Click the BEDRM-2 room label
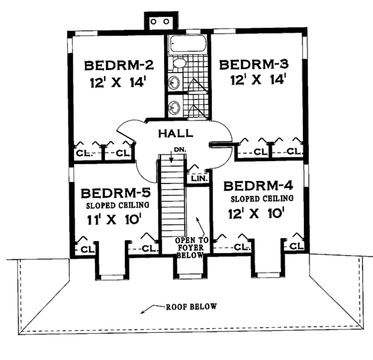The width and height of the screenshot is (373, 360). [x=119, y=65]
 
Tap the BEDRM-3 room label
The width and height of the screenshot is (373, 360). [x=254, y=65]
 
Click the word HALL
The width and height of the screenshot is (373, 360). [x=175, y=132]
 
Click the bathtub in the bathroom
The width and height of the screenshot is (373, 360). [x=188, y=45]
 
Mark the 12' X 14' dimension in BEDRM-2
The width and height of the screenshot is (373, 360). [x=119, y=81]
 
